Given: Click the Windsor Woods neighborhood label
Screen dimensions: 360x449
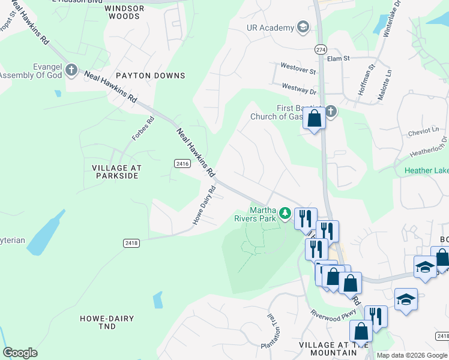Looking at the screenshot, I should (x=124, y=12).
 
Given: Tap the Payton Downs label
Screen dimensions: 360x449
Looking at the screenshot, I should (x=151, y=76).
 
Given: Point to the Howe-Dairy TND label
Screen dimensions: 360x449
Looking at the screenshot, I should (x=107, y=322).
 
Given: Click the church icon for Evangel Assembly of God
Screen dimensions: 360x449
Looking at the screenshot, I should (x=71, y=70).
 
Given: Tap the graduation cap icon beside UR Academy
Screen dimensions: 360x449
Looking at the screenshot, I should (x=303, y=28).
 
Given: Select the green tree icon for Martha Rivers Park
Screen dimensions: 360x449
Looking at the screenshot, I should (x=285, y=213).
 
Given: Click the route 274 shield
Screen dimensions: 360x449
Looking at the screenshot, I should (x=320, y=49).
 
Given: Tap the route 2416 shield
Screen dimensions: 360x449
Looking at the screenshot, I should (x=182, y=163).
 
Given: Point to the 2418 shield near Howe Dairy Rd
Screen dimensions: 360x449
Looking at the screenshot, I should (x=132, y=242).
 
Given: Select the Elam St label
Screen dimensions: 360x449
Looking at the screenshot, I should (x=339, y=59).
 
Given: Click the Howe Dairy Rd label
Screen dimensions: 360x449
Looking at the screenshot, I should (x=204, y=206).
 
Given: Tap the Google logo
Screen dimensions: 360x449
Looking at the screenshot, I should (x=20, y=353).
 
